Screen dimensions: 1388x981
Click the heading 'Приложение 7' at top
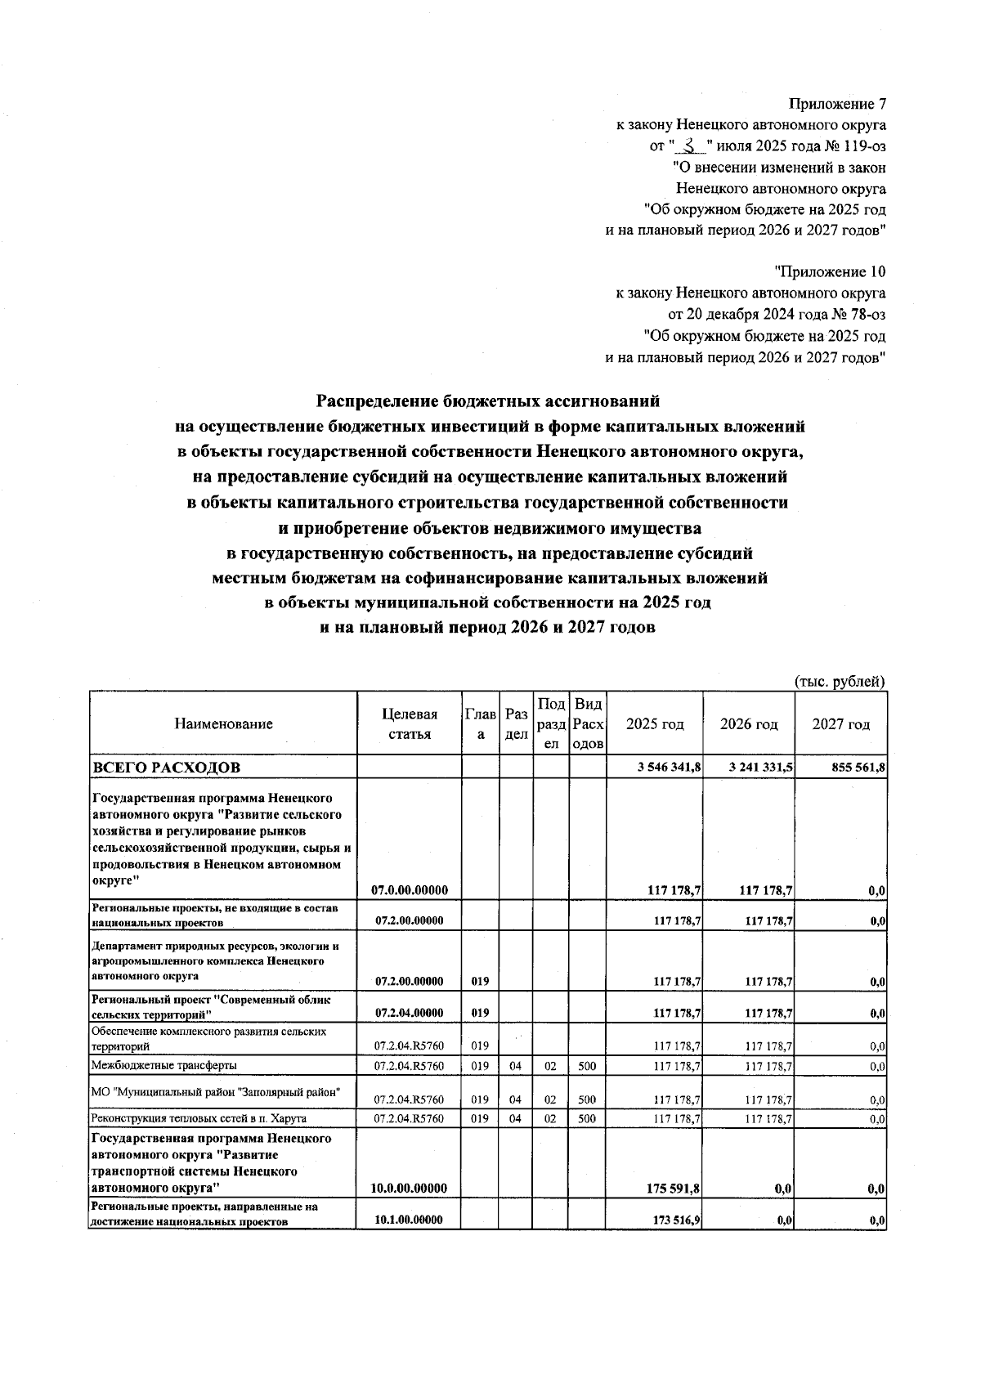(x=837, y=105)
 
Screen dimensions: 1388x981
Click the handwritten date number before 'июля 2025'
(x=692, y=146)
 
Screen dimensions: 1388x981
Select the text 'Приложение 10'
(x=830, y=271)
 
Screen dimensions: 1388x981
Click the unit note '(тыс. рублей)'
(x=840, y=681)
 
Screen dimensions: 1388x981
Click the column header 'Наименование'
(x=223, y=723)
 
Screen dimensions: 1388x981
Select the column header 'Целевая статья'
(x=409, y=723)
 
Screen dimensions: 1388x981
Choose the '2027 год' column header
(x=841, y=723)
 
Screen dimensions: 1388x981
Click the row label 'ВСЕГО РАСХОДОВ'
(x=167, y=768)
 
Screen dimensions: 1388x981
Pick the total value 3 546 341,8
(x=669, y=768)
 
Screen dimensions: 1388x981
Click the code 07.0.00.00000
(x=409, y=890)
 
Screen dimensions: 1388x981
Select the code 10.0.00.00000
(x=409, y=1188)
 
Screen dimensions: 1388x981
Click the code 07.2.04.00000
(x=409, y=1013)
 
